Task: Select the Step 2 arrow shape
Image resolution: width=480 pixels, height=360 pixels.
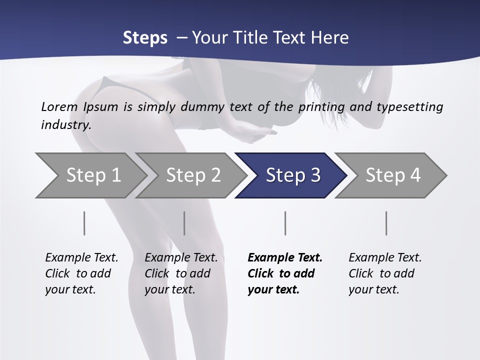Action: [x=193, y=175]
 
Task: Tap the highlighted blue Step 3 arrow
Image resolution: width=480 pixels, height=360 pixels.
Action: [x=293, y=175]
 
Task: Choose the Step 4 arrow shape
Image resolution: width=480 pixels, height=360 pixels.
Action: [x=393, y=175]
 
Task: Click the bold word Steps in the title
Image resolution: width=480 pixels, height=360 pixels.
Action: [x=145, y=38]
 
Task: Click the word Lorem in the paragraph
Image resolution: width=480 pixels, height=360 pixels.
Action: [x=59, y=106]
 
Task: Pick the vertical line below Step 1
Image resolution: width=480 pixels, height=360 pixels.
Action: [x=84, y=223]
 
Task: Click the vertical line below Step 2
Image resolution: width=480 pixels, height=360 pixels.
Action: [x=184, y=223]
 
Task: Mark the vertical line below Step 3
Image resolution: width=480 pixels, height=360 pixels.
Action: [x=285, y=223]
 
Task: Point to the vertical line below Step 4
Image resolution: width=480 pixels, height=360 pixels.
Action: [x=386, y=223]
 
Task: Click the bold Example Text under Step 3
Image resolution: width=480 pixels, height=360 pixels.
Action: [x=285, y=257]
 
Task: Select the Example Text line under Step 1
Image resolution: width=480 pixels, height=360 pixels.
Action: [x=81, y=257]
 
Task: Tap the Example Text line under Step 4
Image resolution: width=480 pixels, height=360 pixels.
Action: [x=385, y=257]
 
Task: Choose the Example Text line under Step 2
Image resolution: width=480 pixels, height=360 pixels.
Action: [x=181, y=257]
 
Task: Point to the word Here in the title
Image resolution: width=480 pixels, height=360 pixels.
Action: [x=332, y=38]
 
